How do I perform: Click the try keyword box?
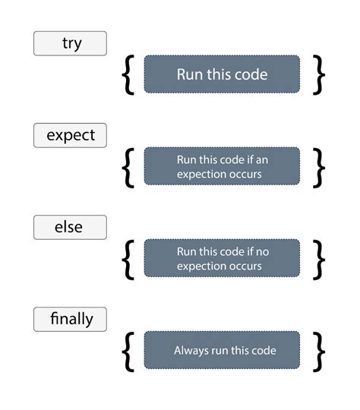(70, 43)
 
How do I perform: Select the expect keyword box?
(70, 135)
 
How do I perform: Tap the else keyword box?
(70, 227)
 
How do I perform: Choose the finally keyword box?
(70, 319)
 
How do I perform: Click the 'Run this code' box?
(222, 74)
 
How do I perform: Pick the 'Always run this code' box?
(222, 351)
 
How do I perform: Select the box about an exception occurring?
(222, 166)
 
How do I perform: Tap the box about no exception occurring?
(222, 258)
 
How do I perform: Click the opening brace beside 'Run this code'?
(128, 74)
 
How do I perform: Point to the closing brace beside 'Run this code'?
(319, 74)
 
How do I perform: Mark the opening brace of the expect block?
(128, 166)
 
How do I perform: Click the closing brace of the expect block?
(319, 166)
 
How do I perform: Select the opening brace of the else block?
(128, 258)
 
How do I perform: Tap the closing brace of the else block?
(319, 258)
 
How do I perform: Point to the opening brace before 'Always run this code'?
(128, 351)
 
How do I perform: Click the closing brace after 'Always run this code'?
(319, 351)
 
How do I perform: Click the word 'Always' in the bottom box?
(190, 351)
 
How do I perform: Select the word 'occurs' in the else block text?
(245, 266)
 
